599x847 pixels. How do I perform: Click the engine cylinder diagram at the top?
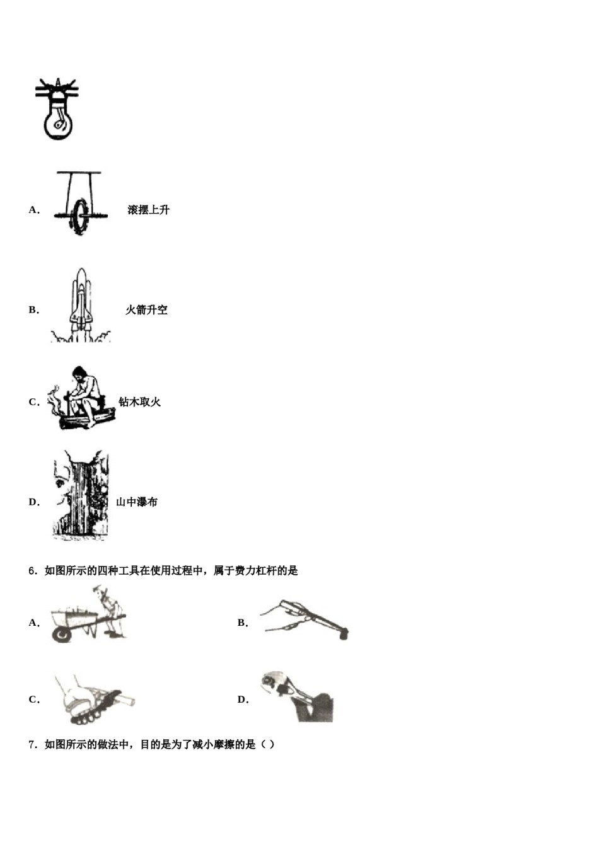click(x=57, y=109)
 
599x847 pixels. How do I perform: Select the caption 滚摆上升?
click(x=148, y=210)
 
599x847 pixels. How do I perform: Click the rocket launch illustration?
click(x=81, y=306)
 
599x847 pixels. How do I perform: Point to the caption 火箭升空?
click(x=146, y=310)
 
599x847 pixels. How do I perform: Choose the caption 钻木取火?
click(x=139, y=402)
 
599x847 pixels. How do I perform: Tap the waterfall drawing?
click(x=81, y=495)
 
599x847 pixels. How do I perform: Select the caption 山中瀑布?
click(x=137, y=502)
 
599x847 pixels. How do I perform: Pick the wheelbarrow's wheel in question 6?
click(x=62, y=633)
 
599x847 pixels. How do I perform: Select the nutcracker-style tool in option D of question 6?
click(x=296, y=696)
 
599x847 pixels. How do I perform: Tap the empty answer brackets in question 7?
click(x=268, y=745)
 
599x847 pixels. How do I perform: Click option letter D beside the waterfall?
click(x=33, y=502)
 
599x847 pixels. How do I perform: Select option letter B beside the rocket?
click(x=33, y=310)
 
